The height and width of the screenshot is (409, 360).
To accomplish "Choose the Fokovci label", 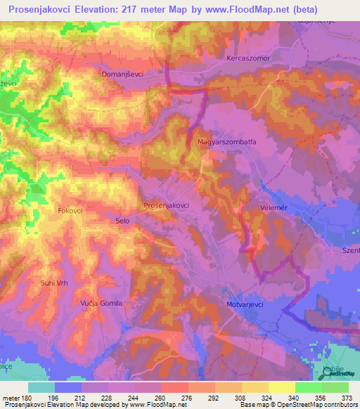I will tap(71, 209).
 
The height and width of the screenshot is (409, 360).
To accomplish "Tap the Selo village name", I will tap(122, 221).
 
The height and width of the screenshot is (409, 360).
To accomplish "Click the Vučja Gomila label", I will tap(101, 303).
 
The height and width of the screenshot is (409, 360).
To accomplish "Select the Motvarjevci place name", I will tap(243, 305).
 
